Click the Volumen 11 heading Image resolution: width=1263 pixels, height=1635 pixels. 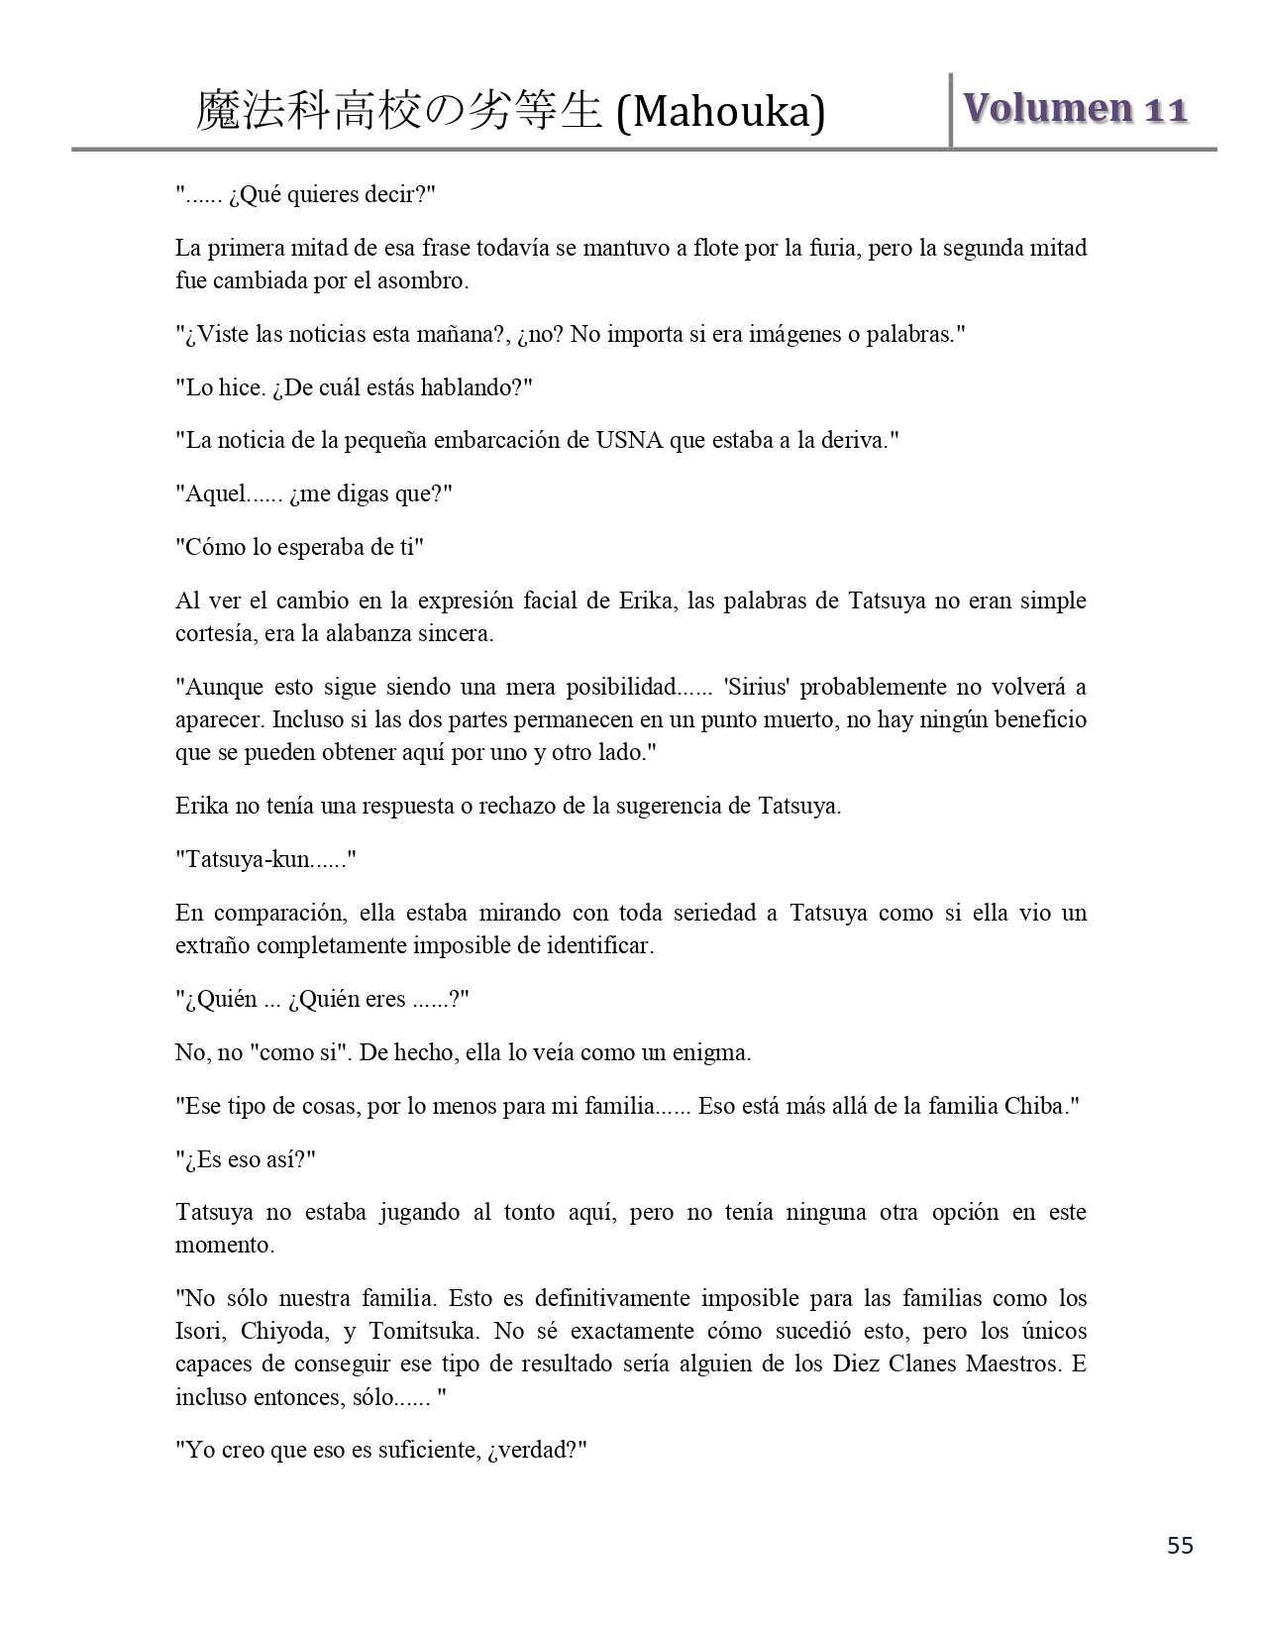click(x=1076, y=109)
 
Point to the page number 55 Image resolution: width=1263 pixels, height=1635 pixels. click(x=1180, y=1545)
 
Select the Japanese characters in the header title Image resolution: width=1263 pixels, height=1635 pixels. click(x=399, y=111)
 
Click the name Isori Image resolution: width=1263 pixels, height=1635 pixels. click(x=200, y=1331)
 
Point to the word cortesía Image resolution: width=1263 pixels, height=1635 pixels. click(x=215, y=633)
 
